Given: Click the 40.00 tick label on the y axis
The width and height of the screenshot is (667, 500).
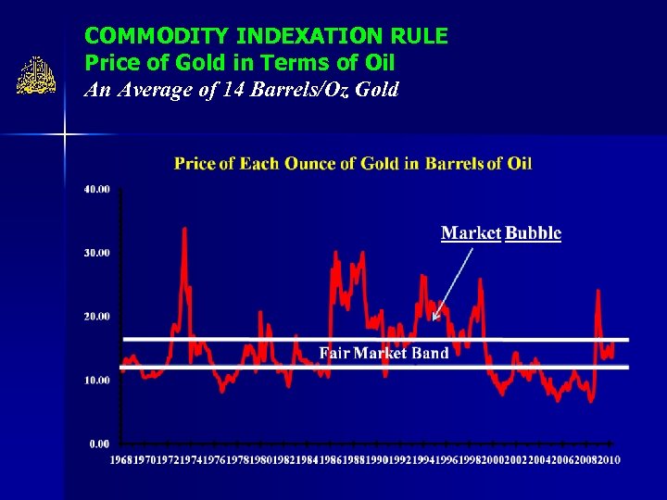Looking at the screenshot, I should (97, 189).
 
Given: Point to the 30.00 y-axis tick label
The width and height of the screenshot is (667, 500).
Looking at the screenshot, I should (97, 253).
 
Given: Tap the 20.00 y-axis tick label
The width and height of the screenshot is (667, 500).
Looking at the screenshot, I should (97, 317).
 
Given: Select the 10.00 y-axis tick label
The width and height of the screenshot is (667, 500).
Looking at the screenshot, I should (97, 381).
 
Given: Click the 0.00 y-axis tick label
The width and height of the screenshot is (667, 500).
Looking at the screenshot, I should (99, 444).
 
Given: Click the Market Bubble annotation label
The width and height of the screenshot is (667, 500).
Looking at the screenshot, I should (500, 233).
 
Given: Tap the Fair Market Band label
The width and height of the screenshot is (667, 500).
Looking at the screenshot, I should (384, 353).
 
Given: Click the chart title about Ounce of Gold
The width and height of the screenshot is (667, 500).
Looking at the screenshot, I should (353, 164).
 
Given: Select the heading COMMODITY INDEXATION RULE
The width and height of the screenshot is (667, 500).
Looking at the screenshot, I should (266, 36).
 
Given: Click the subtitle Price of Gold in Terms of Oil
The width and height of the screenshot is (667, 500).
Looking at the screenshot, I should (239, 63).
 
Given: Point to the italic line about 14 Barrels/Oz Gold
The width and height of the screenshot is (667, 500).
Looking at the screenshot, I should (241, 90).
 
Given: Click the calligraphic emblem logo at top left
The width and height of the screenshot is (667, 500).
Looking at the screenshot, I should (37, 77).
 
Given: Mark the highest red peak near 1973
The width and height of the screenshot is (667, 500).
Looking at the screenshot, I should (184, 229).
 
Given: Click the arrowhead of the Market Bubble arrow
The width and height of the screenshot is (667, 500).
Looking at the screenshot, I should (434, 319).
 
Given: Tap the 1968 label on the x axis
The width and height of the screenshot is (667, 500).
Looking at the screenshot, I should (121, 460).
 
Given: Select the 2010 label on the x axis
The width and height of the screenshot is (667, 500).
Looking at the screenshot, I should (609, 460).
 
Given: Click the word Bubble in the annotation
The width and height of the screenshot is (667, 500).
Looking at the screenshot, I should (533, 233).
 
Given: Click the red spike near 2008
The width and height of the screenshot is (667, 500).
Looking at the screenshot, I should (598, 292).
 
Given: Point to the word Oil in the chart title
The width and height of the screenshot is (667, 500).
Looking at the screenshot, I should (519, 164).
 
